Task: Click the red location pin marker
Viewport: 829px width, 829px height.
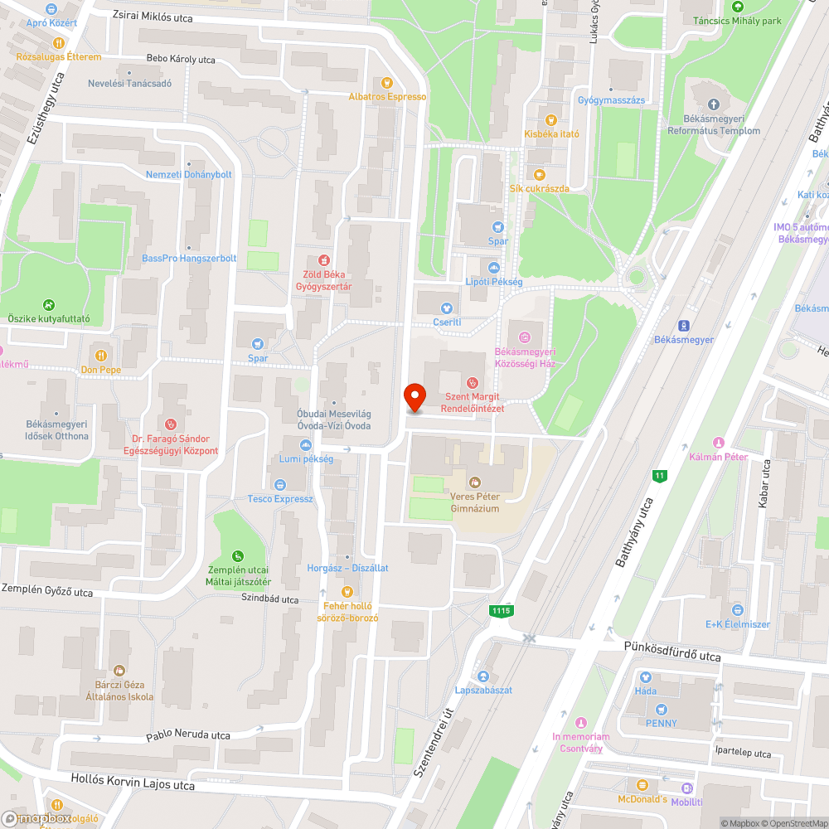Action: [414, 396]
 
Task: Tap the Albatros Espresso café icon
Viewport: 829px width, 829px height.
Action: [386, 83]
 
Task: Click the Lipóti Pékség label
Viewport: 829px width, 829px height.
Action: [494, 282]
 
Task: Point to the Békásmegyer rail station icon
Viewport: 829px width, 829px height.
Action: [685, 326]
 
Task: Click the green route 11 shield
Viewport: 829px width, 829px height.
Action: [660, 475]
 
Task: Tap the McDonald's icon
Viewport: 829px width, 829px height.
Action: [642, 784]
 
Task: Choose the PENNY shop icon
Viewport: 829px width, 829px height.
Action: [661, 709]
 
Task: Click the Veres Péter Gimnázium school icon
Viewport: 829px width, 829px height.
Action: [475, 481]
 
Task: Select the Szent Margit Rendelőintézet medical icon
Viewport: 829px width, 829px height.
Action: [472, 382]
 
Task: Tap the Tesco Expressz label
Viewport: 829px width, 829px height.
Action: [280, 499]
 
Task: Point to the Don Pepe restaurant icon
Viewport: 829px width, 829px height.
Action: [101, 355]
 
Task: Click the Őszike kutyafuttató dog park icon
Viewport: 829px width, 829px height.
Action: [49, 304]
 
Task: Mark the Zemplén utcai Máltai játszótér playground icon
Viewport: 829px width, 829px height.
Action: [238, 555]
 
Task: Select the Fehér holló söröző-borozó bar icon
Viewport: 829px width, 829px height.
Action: [347, 592]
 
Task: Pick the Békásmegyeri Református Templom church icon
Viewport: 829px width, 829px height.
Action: [713, 103]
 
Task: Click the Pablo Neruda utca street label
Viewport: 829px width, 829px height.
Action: [188, 735]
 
